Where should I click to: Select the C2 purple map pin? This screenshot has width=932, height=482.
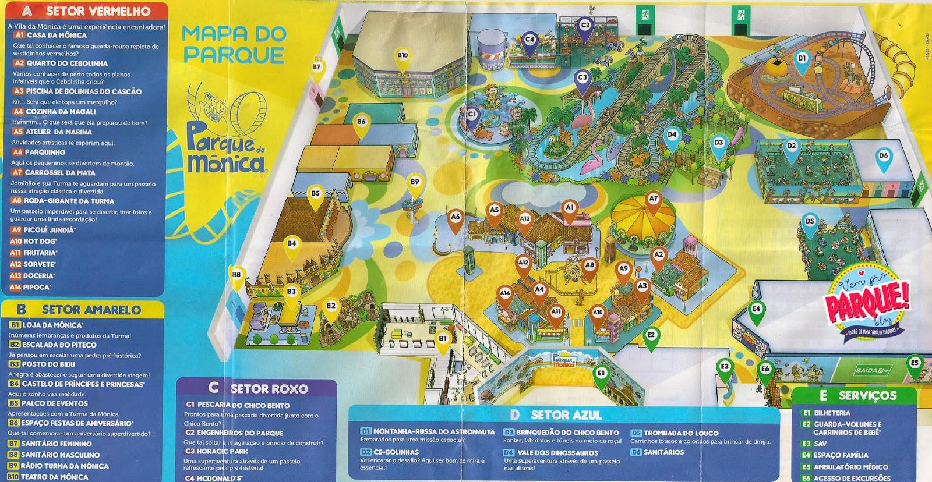click(585, 27)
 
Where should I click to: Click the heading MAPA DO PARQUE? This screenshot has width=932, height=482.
click(234, 44)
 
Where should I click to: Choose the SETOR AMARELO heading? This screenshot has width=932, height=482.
click(91, 310)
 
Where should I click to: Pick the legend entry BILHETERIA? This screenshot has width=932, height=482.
click(832, 413)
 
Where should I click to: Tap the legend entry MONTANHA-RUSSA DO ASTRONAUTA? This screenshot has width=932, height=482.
click(433, 432)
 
